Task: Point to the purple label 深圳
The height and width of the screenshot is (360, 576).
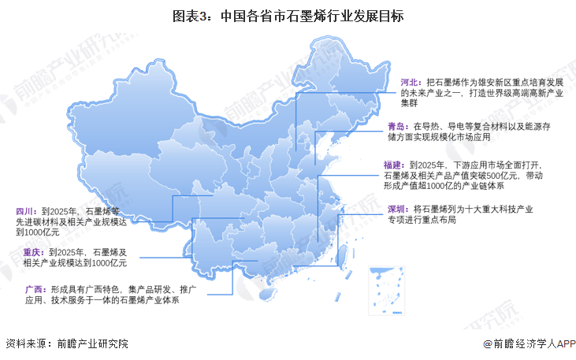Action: [x=396, y=209]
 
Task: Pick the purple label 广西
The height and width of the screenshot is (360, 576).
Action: [x=25, y=289]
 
